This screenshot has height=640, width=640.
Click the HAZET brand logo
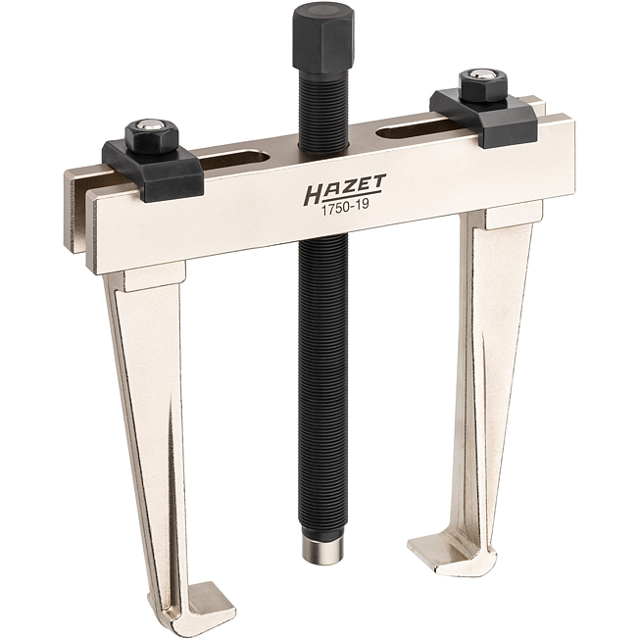pyautogui.click(x=344, y=189)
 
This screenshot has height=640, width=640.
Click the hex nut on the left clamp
pyautogui.click(x=151, y=136)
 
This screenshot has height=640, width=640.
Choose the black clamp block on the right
pyautogui.click(x=483, y=118)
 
